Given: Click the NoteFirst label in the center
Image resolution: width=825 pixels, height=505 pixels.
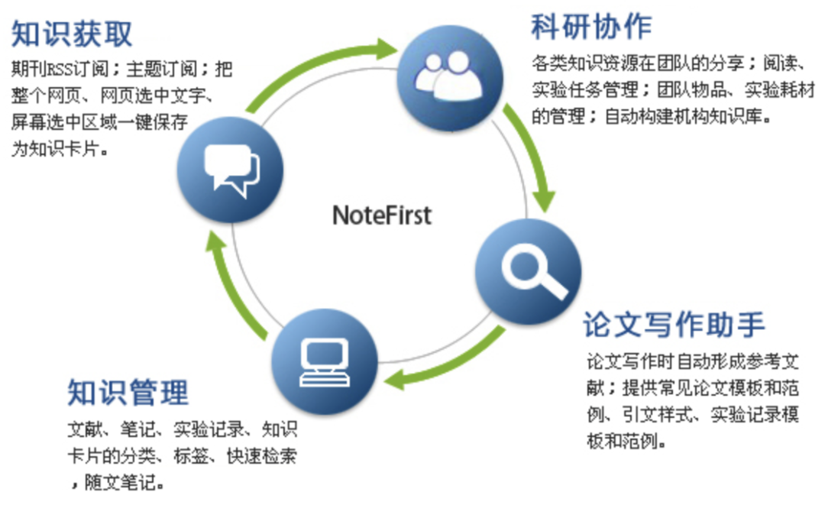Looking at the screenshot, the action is pyautogui.click(x=382, y=215).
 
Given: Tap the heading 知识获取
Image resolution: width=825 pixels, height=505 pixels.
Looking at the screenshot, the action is pyautogui.click(x=73, y=34).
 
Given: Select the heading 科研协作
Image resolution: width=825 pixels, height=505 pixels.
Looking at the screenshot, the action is pyautogui.click(x=591, y=26).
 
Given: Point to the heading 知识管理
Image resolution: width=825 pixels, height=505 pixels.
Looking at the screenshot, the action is pyautogui.click(x=128, y=393).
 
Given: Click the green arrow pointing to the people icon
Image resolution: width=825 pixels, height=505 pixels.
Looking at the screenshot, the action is pyautogui.click(x=321, y=65).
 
